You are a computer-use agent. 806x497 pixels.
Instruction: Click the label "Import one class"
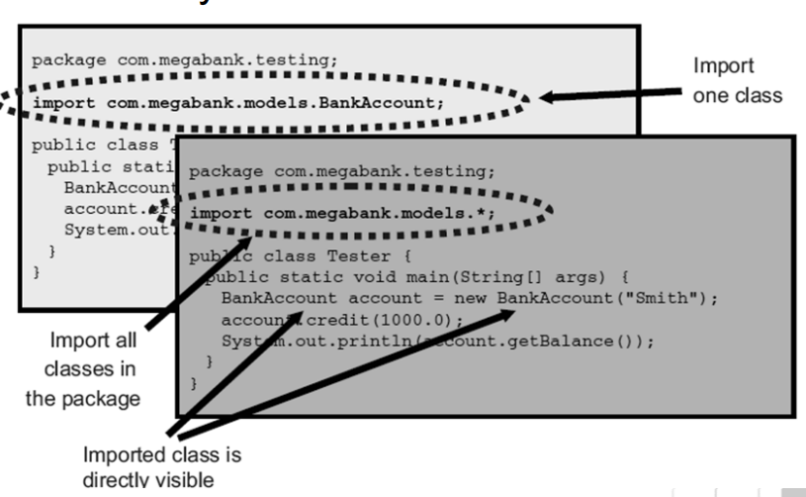pyautogui.click(x=737, y=81)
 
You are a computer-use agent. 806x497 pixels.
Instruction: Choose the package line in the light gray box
pyautogui.click(x=185, y=59)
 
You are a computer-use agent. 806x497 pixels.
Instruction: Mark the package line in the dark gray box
pyautogui.click(x=342, y=170)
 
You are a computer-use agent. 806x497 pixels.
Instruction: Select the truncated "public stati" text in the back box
pyautogui.click(x=109, y=165)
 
